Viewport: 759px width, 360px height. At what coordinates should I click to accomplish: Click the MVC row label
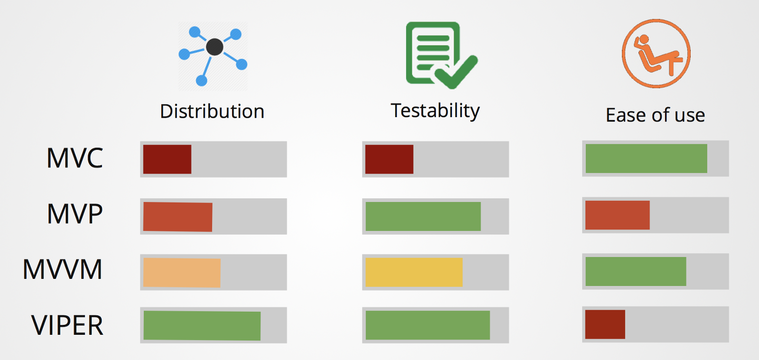pyautogui.click(x=74, y=158)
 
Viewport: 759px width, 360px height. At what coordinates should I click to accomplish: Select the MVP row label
pyautogui.click(x=74, y=214)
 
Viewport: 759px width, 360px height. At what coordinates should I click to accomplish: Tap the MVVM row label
pyautogui.click(x=62, y=269)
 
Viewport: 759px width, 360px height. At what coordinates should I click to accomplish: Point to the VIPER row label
pyautogui.click(x=67, y=325)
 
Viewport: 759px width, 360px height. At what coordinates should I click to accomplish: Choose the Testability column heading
pyautogui.click(x=435, y=111)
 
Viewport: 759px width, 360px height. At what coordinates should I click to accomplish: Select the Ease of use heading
pyautogui.click(x=655, y=115)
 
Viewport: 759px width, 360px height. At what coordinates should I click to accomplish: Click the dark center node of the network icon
pyautogui.click(x=214, y=47)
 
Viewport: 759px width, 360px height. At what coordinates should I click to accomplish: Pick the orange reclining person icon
pyautogui.click(x=656, y=54)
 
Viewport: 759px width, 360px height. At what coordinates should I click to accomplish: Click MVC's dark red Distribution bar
pyautogui.click(x=167, y=159)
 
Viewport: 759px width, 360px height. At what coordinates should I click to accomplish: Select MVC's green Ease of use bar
pyautogui.click(x=646, y=158)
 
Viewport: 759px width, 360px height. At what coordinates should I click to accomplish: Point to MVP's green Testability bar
pyautogui.click(x=423, y=216)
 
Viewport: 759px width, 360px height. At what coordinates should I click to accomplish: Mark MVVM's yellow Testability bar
pyautogui.click(x=414, y=272)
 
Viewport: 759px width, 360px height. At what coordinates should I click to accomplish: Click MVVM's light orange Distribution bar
pyautogui.click(x=182, y=273)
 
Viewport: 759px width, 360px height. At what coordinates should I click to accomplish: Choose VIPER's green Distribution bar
pyautogui.click(x=202, y=325)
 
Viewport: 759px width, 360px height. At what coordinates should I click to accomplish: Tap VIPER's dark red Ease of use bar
pyautogui.click(x=605, y=324)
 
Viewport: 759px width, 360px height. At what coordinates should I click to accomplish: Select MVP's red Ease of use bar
pyautogui.click(x=617, y=215)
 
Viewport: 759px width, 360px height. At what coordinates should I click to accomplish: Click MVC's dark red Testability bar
pyautogui.click(x=389, y=159)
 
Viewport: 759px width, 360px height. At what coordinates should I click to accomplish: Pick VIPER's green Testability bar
pyautogui.click(x=427, y=325)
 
